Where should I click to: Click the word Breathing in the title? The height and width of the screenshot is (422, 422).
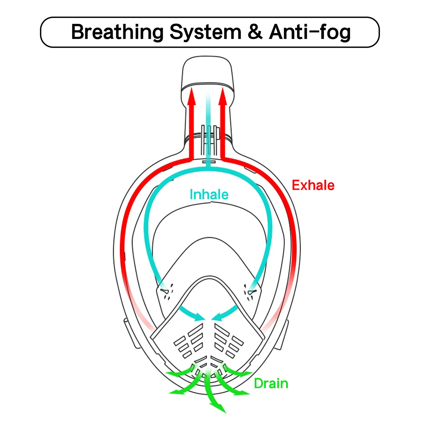[117, 32]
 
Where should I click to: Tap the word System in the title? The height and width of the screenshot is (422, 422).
[205, 32]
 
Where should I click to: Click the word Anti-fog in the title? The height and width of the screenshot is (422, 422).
[310, 32]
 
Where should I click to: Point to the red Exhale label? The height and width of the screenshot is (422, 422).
[313, 185]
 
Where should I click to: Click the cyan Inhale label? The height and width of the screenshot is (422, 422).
[209, 195]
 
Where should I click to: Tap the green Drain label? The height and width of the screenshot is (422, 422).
[271, 384]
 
